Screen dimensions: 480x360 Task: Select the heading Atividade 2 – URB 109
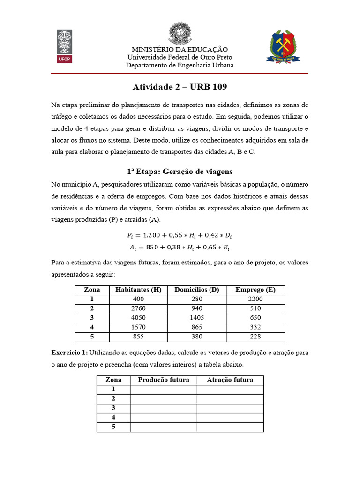pyautogui.click(x=180, y=88)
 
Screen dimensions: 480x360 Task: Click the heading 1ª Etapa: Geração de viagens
pyautogui.click(x=180, y=172)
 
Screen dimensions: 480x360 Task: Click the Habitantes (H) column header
pyautogui.click(x=138, y=290)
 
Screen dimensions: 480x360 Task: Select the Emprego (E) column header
pyautogui.click(x=256, y=290)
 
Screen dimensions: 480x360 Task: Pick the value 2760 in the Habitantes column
pyautogui.click(x=138, y=308)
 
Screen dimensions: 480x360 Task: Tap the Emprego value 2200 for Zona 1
pyautogui.click(x=256, y=299)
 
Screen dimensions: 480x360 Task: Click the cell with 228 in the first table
pyautogui.click(x=256, y=337)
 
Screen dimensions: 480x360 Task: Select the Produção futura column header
pyautogui.click(x=164, y=380)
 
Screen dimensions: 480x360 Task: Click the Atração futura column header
pyautogui.click(x=230, y=380)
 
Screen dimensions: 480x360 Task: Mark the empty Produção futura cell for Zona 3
pyautogui.click(x=164, y=408)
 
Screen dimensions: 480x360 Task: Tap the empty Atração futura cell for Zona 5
pyautogui.click(x=230, y=427)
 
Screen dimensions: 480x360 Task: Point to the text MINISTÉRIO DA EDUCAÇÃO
pyautogui.click(x=180, y=49)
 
